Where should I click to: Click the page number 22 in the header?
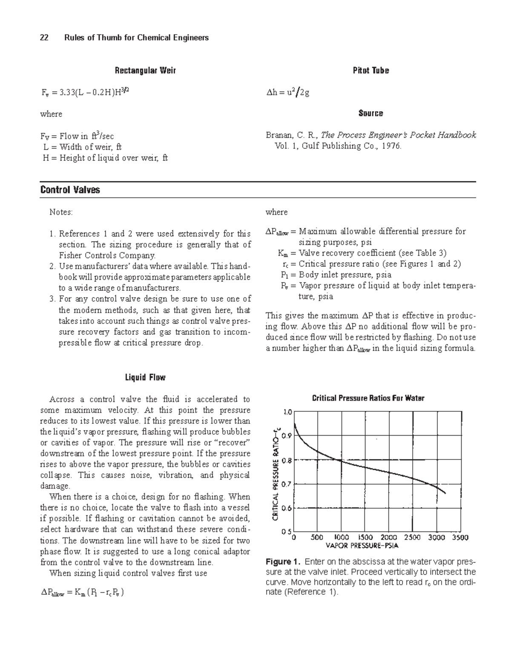(44, 38)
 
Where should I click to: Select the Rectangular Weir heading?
(145, 70)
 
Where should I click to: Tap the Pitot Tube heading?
(370, 70)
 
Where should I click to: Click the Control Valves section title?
(70, 190)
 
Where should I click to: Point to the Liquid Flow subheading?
(145, 377)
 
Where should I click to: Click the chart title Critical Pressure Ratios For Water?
(368, 398)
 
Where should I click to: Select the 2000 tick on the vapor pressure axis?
(389, 538)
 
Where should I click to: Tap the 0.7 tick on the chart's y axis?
(287, 484)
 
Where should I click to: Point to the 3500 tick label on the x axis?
(460, 538)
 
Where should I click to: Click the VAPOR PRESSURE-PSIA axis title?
(362, 545)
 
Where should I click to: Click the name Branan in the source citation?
(279, 135)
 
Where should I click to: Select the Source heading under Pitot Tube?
(370, 113)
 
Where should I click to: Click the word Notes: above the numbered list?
(61, 212)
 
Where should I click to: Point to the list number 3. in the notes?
(53, 299)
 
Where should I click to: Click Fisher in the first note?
(70, 256)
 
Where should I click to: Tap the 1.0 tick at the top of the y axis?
(287, 412)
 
